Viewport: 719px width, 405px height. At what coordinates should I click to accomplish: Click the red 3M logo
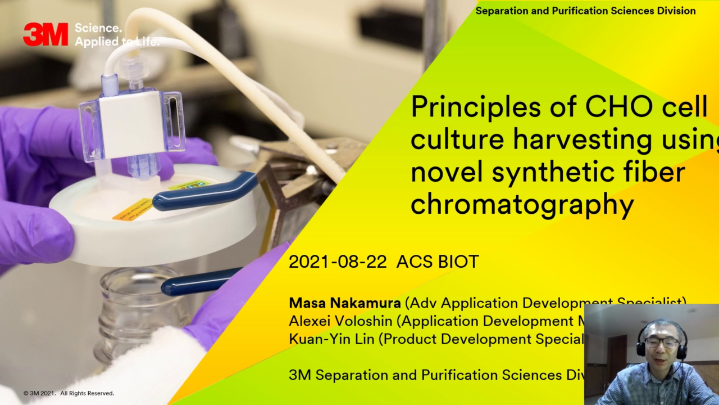pyautogui.click(x=45, y=34)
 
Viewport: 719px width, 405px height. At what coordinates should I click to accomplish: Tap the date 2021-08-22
pyautogui.click(x=337, y=262)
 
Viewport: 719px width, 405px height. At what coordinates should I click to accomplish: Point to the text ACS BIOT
pyautogui.click(x=438, y=262)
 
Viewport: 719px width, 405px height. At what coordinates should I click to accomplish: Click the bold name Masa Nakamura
pyautogui.click(x=344, y=303)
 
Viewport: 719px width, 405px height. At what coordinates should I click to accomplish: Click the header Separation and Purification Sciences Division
pyautogui.click(x=585, y=11)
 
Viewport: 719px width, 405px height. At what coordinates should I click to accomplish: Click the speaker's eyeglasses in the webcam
pyautogui.click(x=662, y=342)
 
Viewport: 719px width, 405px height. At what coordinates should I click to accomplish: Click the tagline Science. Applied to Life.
pyautogui.click(x=116, y=35)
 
